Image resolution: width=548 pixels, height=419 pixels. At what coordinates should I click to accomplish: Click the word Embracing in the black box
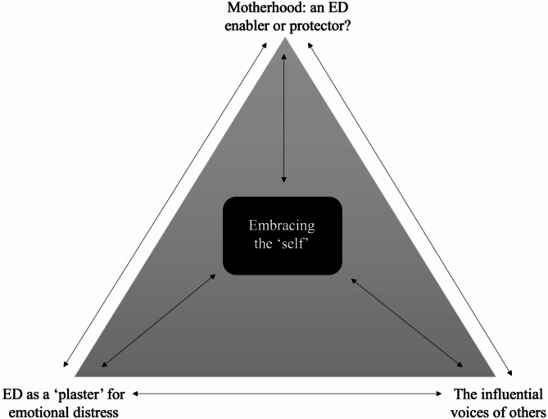(x=282, y=225)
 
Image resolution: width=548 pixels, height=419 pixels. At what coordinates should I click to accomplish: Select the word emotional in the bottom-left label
(x=35, y=411)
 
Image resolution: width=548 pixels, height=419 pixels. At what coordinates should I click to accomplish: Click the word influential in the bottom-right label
(x=512, y=394)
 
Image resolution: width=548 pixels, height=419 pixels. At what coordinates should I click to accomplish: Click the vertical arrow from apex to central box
(x=284, y=115)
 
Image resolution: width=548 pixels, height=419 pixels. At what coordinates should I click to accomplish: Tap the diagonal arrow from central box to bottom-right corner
(x=408, y=321)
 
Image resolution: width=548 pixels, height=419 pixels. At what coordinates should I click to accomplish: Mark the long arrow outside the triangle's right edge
(x=410, y=205)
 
